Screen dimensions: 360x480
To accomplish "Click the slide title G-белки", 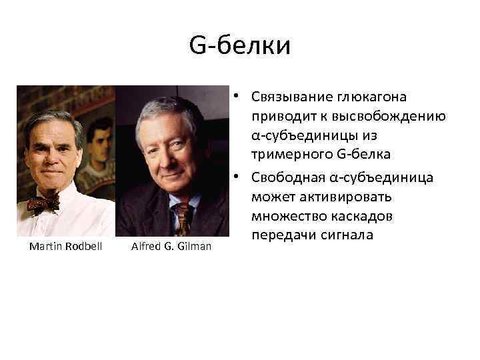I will click(240, 46).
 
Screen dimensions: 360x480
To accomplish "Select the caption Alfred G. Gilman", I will click(171, 247).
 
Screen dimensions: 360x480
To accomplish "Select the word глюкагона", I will click(373, 97).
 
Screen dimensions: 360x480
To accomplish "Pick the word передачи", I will click(283, 237).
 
